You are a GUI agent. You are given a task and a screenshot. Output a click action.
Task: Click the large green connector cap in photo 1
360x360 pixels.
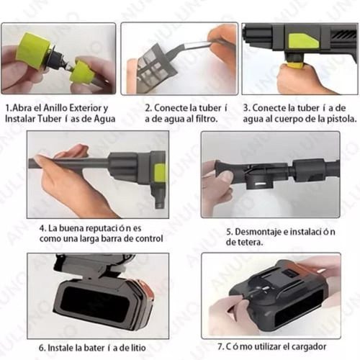click(32, 48)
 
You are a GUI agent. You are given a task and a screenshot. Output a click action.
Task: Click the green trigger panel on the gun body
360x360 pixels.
click(304, 41)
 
